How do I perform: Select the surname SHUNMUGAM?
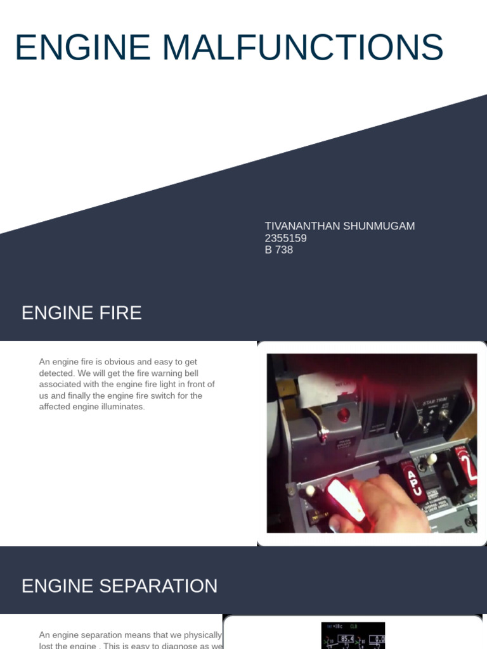click(x=379, y=226)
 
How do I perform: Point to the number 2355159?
click(x=285, y=238)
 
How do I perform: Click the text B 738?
click(x=279, y=250)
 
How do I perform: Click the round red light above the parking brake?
click(x=344, y=416)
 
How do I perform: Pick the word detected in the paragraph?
click(x=55, y=373)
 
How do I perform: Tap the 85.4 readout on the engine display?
click(x=346, y=639)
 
